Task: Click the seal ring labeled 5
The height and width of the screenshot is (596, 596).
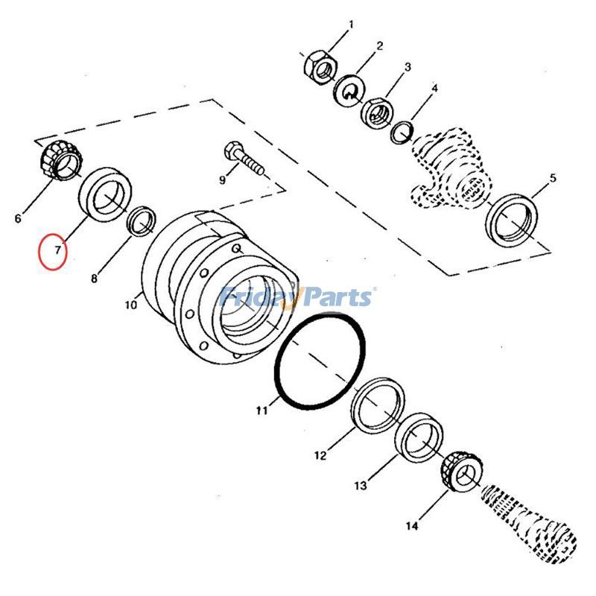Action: pyautogui.click(x=512, y=220)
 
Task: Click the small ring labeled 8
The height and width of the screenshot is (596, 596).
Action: pyautogui.click(x=142, y=221)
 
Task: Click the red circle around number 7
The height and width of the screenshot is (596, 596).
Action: pyautogui.click(x=54, y=252)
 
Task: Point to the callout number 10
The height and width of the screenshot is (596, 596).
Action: pyautogui.click(x=131, y=304)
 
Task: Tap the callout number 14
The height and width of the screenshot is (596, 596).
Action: pyautogui.click(x=413, y=527)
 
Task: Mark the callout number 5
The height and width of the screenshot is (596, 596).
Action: pyautogui.click(x=552, y=178)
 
